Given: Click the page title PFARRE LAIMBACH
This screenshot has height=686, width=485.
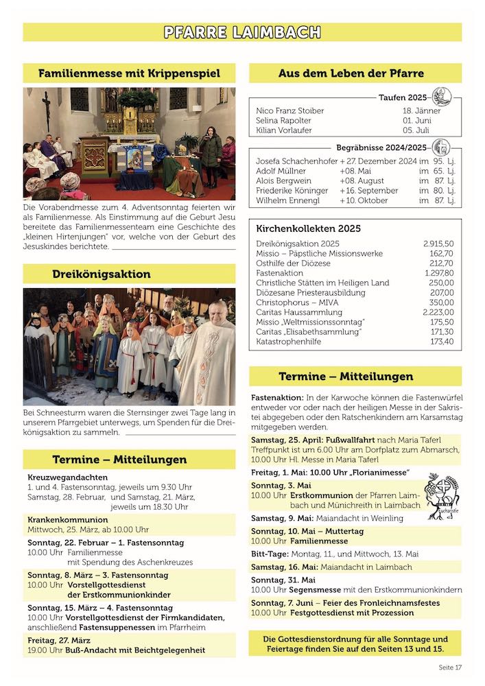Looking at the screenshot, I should tap(242, 32).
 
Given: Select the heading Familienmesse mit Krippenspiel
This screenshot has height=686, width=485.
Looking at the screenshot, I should tap(129, 73).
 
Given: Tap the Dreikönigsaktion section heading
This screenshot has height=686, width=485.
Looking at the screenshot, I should tap(102, 274).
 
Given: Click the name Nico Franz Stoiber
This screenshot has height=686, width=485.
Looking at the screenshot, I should tap(289, 110).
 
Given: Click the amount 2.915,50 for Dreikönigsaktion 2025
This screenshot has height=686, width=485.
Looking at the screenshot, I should tap(438, 244).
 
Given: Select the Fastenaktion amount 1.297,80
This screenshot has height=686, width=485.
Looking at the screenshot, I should tap(438, 272).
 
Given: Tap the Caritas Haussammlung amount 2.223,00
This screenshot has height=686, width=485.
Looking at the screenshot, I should tap(438, 311).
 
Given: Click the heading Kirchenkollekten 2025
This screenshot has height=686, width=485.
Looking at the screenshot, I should tap(308, 228).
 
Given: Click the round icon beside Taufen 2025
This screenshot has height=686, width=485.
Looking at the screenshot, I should tap(442, 97).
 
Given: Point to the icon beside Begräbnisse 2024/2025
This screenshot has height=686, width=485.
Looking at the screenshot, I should tap(441, 147).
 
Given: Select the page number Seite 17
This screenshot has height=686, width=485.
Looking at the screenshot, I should tap(450, 667).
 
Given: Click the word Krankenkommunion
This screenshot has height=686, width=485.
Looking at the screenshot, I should tap(68, 519).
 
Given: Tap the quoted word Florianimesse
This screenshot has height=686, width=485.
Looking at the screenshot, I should tap(379, 472).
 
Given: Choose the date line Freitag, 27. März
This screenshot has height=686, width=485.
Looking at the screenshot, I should tap(59, 639).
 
